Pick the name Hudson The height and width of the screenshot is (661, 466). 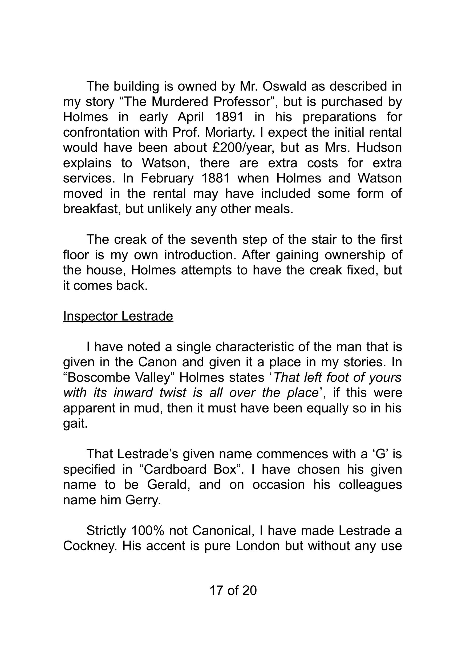(379, 148)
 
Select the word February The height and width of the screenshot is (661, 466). (167, 178)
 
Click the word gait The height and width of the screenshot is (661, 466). (75, 424)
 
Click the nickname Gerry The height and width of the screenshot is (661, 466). (143, 500)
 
